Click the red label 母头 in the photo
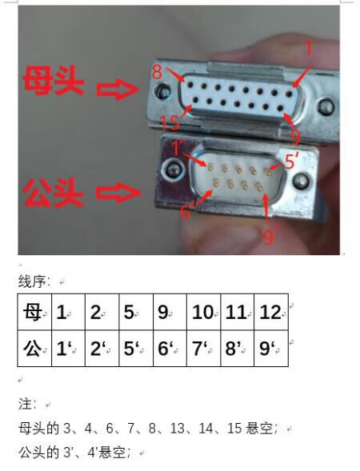[x=53, y=82]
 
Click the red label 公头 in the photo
[x=53, y=193]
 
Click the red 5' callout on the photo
[x=291, y=161]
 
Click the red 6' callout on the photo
[x=186, y=211]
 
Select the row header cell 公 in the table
[x=34, y=348]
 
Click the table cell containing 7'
[x=203, y=348]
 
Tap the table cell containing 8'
[x=237, y=348]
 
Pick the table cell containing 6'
[x=170, y=348]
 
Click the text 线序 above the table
[x=34, y=281]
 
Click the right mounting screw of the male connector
[x=298, y=182]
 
